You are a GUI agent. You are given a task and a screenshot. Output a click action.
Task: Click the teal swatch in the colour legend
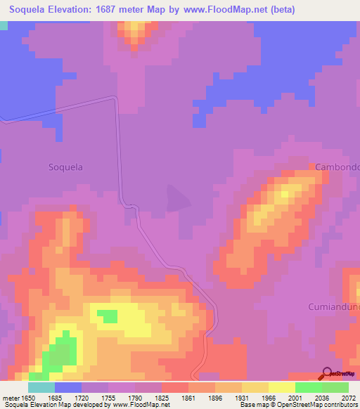coord(41,387)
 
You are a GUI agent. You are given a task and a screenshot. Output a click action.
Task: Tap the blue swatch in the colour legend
coord(67,387)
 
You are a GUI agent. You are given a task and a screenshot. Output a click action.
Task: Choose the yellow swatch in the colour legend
coord(281,387)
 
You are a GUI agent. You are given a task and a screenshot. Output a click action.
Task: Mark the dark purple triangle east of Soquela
coord(177,197)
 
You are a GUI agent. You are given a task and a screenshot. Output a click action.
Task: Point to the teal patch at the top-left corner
coord(4,25)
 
